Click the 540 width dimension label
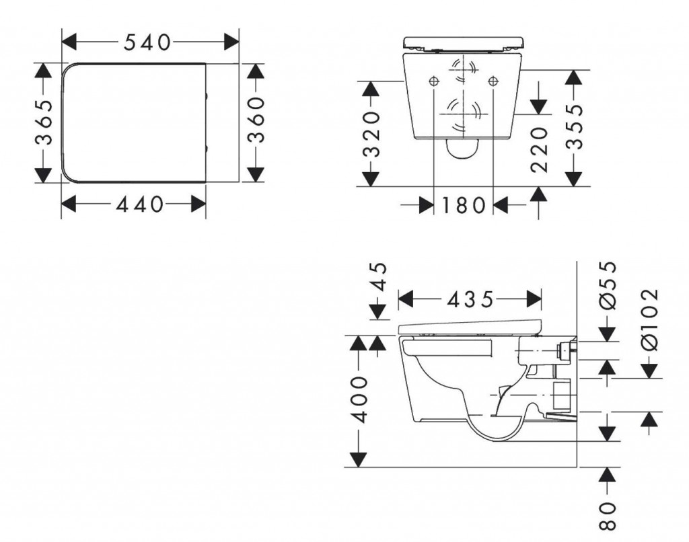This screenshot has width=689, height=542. [x=147, y=42]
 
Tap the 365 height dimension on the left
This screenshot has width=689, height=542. [x=44, y=122]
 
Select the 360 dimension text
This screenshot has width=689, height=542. [x=256, y=120]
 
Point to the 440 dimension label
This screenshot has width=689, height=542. [x=139, y=204]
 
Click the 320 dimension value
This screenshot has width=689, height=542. [x=371, y=134]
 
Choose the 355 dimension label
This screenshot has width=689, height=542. [x=574, y=127]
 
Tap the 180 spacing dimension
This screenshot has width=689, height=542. [x=463, y=205]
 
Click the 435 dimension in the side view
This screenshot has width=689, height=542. [x=470, y=299]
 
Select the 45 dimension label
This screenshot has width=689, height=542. [x=379, y=277]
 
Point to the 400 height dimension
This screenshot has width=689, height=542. [x=360, y=399]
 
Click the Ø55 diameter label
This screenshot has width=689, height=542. [x=608, y=286]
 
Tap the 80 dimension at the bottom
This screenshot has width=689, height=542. [x=608, y=516]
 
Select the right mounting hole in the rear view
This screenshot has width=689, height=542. [x=493, y=81]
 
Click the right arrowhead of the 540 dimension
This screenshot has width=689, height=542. [x=231, y=42]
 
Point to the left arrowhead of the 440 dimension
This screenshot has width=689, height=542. [x=69, y=204]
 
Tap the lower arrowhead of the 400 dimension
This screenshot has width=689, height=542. [x=359, y=459]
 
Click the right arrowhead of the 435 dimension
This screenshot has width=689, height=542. [x=534, y=299]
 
